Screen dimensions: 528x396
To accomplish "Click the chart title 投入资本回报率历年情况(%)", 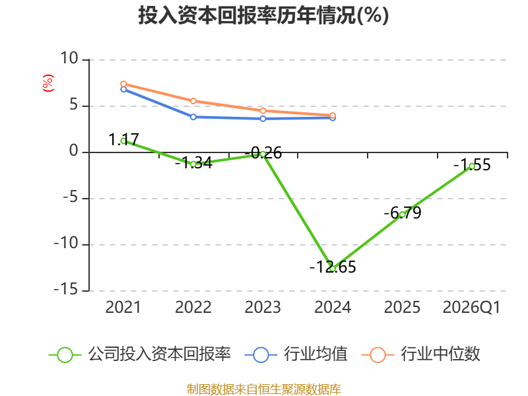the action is [x=263, y=15].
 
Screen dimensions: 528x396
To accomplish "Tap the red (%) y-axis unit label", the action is [x=48, y=83].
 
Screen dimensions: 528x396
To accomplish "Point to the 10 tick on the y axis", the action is [x=69, y=58].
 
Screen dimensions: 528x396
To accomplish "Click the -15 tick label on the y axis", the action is [x=66, y=289].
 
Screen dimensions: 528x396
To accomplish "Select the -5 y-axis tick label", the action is [x=71, y=197].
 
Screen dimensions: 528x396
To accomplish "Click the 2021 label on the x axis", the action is [x=123, y=308].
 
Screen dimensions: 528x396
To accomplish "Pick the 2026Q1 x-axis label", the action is [x=471, y=308].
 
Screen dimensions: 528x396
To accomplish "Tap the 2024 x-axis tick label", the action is [x=333, y=308].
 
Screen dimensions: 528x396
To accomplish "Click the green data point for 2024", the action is [x=333, y=269].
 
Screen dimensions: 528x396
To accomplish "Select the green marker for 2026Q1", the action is [x=472, y=166].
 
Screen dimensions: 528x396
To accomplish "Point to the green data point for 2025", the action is [x=403, y=214].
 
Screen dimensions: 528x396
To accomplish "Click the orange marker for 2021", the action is [x=123, y=84].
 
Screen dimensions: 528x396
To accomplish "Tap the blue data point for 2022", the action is [x=193, y=117].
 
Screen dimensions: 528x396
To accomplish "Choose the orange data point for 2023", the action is [x=263, y=111].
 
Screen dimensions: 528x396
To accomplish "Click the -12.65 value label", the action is [x=333, y=267].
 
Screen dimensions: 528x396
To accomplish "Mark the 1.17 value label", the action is [x=123, y=139].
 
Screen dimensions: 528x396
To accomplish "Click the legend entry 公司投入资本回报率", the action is [x=140, y=354].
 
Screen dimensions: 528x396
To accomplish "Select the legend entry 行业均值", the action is [x=296, y=354].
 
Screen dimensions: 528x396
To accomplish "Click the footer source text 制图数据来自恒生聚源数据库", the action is [x=264, y=389].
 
